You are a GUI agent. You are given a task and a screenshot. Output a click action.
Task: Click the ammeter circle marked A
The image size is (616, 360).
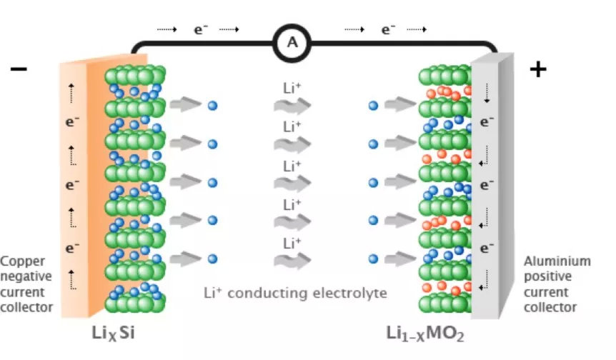(x=292, y=42)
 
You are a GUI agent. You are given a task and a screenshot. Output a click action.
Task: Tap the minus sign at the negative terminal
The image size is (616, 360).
(x=19, y=69)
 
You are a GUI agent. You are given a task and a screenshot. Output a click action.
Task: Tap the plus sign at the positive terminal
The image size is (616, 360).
(x=537, y=69)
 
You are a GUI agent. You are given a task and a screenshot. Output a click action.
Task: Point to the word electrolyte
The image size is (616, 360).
(x=349, y=292)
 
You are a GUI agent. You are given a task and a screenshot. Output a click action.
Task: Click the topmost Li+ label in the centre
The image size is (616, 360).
(x=291, y=89)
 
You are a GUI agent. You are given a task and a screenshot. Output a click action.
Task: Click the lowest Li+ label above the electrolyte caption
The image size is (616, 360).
(x=291, y=242)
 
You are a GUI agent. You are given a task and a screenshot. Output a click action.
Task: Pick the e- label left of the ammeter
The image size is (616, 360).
(x=201, y=29)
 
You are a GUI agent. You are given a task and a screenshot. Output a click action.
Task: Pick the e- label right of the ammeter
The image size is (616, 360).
(x=388, y=29)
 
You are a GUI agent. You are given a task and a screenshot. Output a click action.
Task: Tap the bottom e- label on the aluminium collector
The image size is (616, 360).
(x=487, y=249)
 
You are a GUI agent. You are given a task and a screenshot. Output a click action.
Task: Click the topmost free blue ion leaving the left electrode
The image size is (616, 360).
(x=212, y=106)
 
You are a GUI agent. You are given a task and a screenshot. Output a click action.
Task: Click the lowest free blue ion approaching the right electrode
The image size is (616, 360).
(x=372, y=259)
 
